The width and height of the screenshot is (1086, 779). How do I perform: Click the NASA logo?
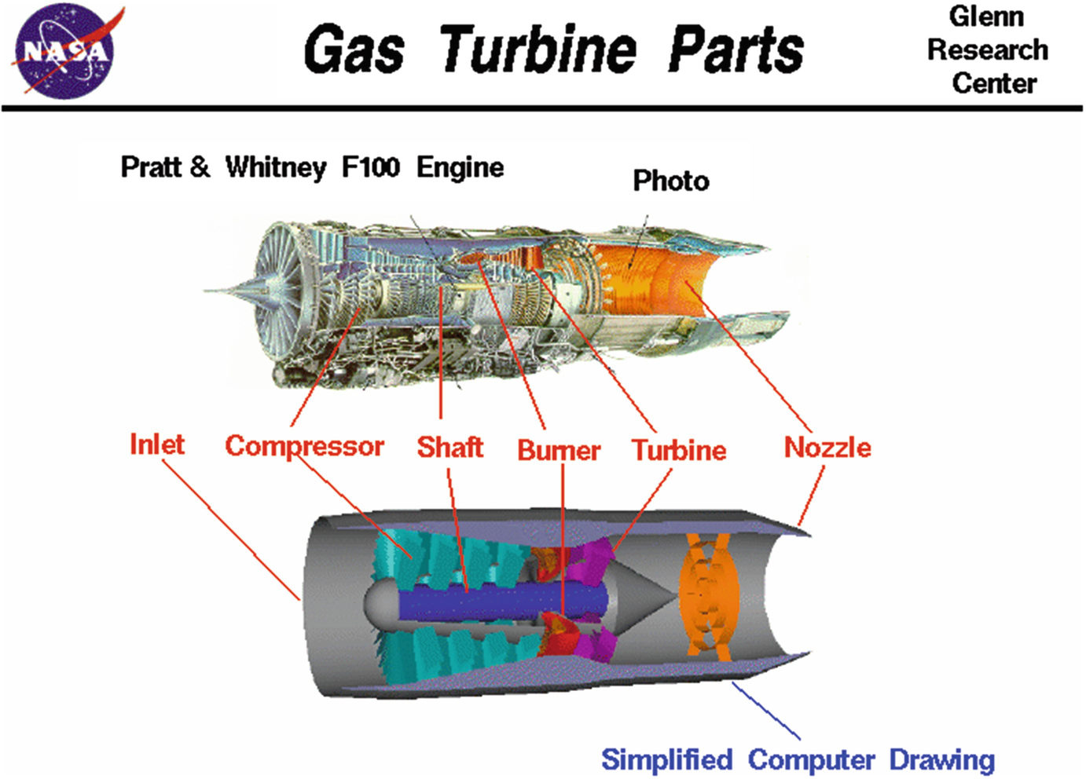(x=65, y=51)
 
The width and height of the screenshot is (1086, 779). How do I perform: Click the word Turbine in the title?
(x=537, y=49)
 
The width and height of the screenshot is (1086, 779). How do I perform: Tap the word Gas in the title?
(x=354, y=49)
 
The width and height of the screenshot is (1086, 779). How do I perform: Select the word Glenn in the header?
(x=986, y=16)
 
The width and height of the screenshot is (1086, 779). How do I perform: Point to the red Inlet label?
(x=156, y=444)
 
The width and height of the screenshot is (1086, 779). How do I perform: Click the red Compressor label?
(x=304, y=446)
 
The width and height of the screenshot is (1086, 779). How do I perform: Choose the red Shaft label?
(x=449, y=447)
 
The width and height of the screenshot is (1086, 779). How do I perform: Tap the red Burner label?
(x=559, y=450)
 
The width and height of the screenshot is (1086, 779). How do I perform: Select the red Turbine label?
(x=679, y=450)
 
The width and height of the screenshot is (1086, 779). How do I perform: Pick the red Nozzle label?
(x=827, y=448)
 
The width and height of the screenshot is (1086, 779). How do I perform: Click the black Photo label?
(x=670, y=181)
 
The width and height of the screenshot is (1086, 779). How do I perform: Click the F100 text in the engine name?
(x=370, y=167)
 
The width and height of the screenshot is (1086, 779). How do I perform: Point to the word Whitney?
(x=275, y=167)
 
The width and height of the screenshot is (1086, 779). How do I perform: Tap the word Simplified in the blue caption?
(x=666, y=759)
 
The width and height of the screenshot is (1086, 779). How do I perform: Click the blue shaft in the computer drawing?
(x=487, y=603)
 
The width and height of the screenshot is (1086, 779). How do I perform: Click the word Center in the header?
(x=994, y=82)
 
